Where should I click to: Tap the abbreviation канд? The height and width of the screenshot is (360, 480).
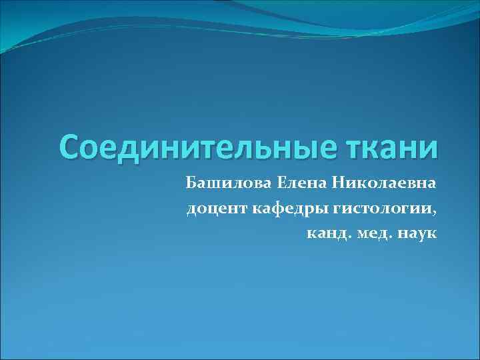tap(327, 234)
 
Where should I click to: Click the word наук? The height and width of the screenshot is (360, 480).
tap(418, 234)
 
